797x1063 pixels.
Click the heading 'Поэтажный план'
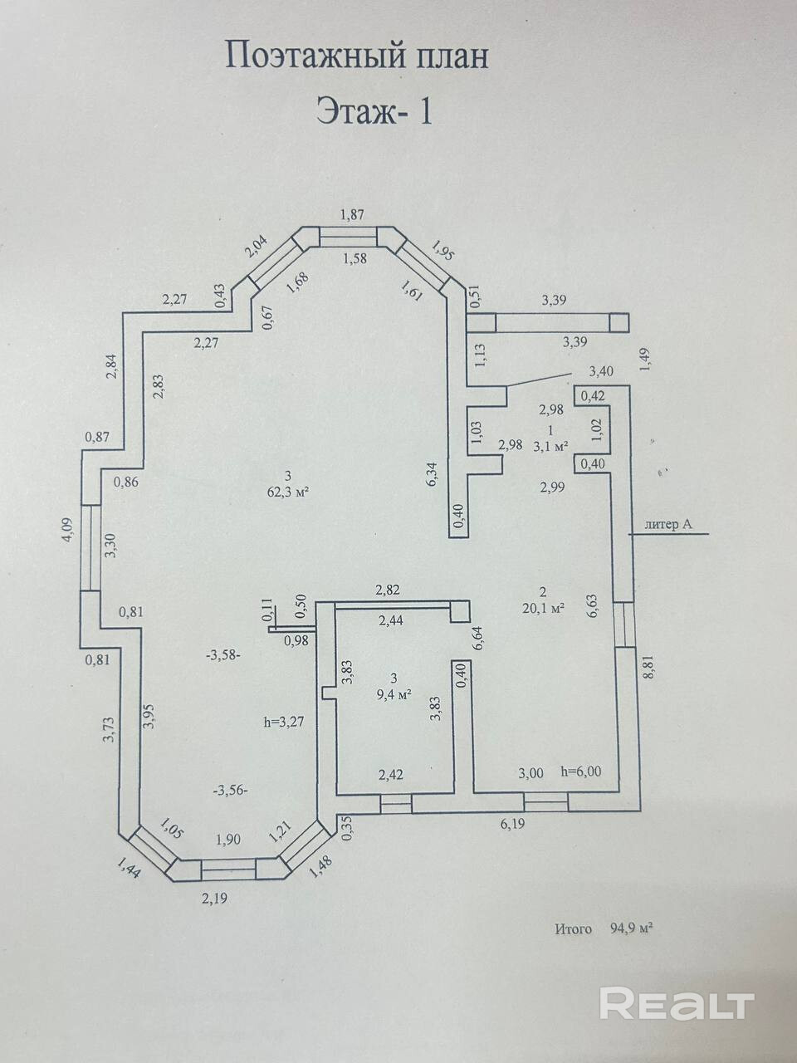357,56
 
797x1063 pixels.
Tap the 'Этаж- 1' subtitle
374,110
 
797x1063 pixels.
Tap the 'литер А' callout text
667,523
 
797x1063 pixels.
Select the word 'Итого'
574,929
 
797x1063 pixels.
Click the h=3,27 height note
282,721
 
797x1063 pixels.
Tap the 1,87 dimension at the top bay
353,215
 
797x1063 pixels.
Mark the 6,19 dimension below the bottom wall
514,824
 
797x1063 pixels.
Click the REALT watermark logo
677,1003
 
